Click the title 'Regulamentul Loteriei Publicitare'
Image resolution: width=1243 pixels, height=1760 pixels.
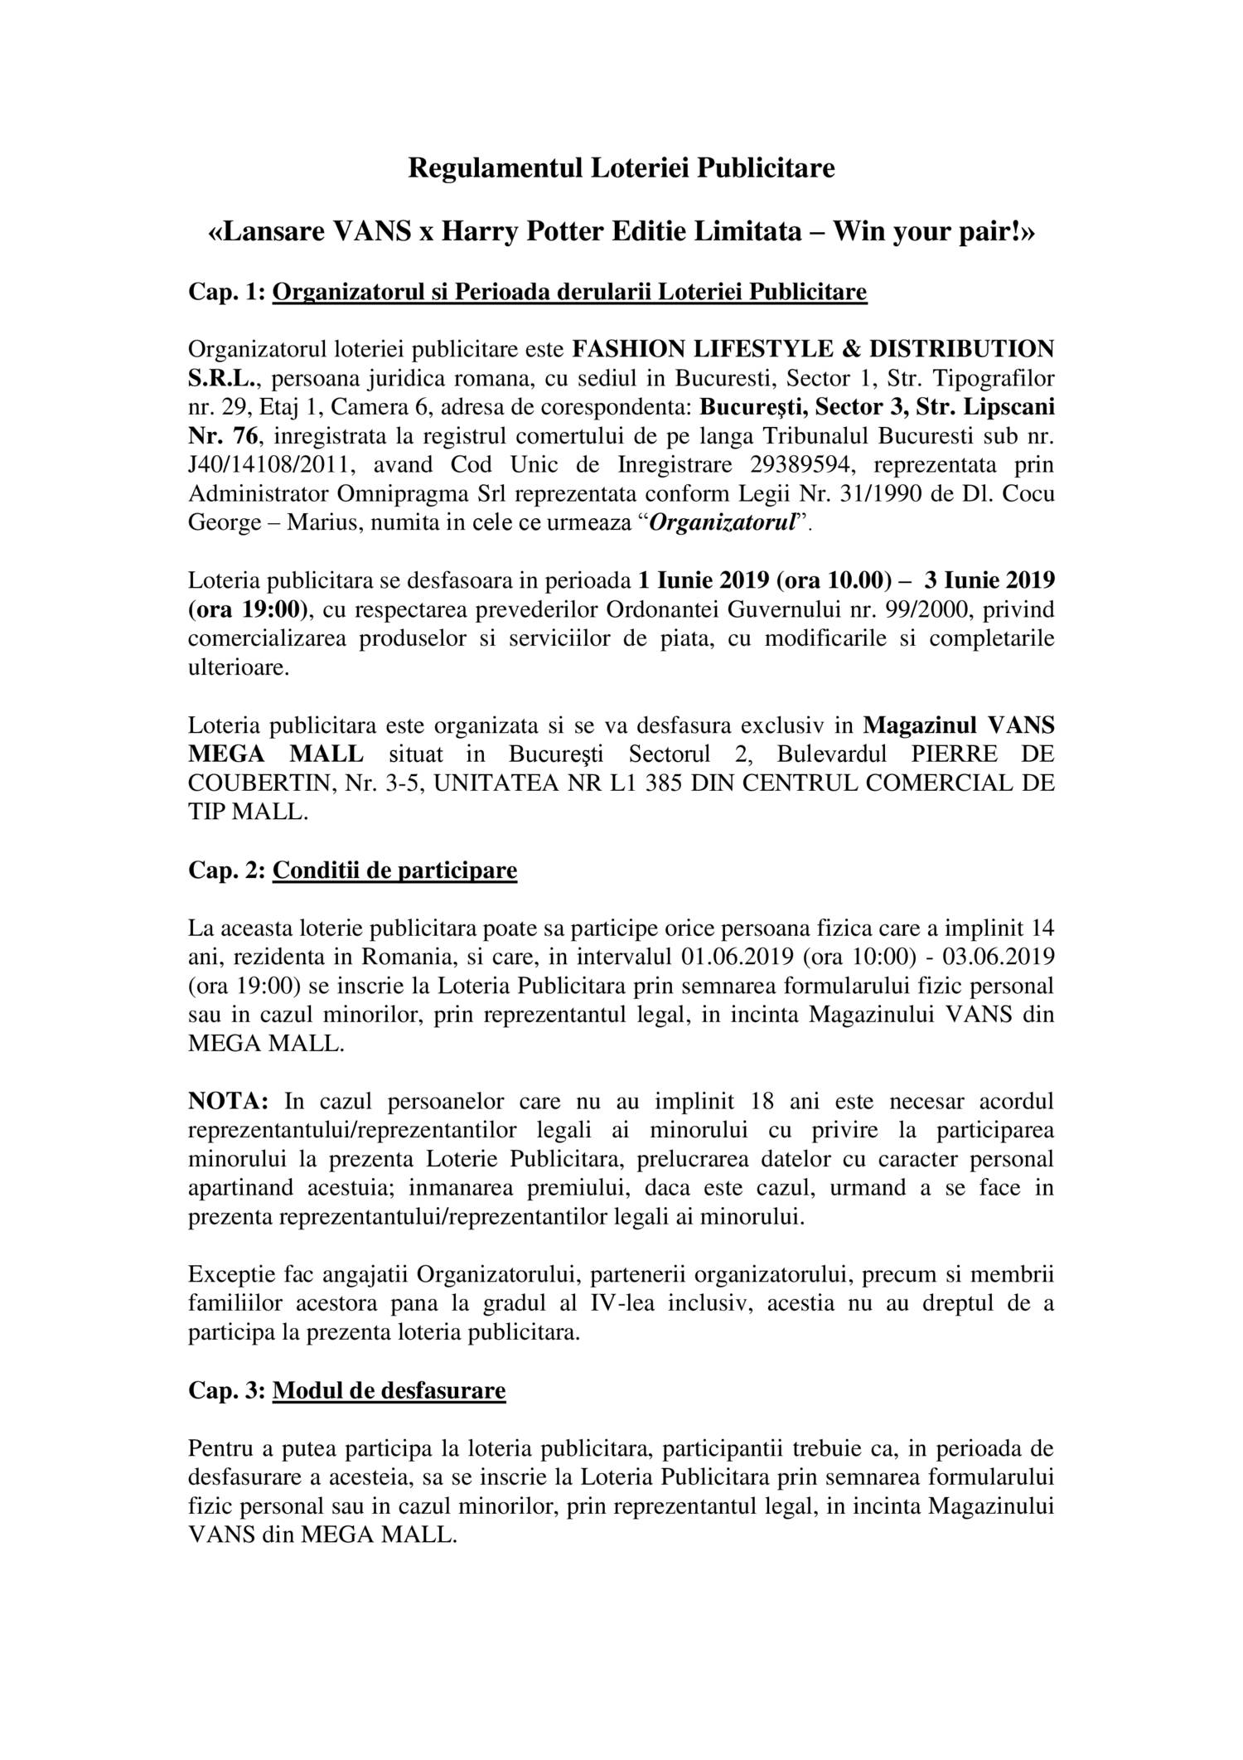(621, 168)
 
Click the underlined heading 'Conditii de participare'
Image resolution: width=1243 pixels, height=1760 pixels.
(394, 870)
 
